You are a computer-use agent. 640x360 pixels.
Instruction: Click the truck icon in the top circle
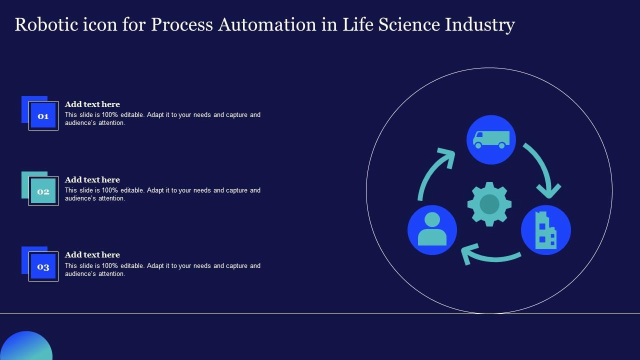click(491, 139)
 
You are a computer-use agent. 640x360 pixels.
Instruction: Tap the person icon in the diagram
click(432, 229)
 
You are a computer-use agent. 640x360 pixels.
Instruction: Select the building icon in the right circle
click(545, 230)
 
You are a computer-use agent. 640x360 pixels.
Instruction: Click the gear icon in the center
click(489, 204)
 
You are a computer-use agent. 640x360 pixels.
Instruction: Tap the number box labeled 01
click(43, 115)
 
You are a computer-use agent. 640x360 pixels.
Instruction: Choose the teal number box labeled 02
click(43, 191)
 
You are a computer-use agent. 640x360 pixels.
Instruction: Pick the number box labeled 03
click(43, 266)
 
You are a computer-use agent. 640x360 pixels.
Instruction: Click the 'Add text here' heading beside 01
click(92, 104)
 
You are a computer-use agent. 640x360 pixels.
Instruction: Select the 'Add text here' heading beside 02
click(92, 179)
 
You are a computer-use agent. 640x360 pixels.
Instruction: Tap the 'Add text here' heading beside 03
click(92, 255)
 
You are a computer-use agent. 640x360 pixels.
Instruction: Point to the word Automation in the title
click(267, 24)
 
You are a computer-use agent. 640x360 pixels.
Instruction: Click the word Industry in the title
click(479, 25)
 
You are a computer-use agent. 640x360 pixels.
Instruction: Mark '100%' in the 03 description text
click(109, 265)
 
